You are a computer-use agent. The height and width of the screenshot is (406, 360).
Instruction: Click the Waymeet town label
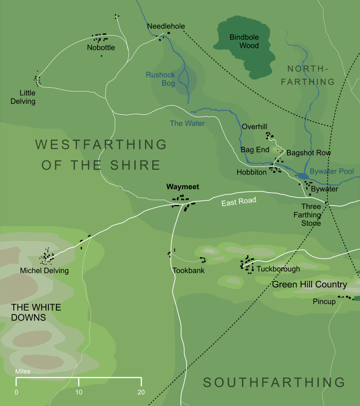pos(183,187)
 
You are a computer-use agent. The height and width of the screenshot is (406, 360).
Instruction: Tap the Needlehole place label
pos(166,26)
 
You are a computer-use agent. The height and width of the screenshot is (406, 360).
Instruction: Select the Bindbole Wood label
pos(244,41)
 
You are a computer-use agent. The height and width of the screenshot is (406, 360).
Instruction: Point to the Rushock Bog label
pos(160,79)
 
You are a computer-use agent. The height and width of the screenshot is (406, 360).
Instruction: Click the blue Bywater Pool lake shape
pos(303,176)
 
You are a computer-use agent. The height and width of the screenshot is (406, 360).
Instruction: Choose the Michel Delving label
pos(44,271)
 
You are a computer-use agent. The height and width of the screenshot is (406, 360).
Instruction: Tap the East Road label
pos(239,202)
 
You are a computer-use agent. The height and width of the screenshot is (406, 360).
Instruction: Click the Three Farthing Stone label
pos(311,215)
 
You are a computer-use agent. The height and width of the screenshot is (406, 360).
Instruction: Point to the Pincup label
pos(324,302)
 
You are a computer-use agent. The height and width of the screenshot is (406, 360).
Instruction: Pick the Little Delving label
pos(28,97)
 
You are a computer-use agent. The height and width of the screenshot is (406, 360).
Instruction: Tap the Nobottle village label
pos(101,47)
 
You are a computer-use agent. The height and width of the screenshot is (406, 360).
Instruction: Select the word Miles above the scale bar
pos(23,371)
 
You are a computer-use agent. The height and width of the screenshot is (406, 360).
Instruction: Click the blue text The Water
pos(187,123)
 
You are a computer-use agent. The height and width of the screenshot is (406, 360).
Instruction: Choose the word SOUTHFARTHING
pos(274,382)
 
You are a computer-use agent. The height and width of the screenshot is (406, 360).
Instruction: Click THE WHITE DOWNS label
pos(36,313)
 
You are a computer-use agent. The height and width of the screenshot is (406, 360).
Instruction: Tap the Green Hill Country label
pos(310,285)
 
